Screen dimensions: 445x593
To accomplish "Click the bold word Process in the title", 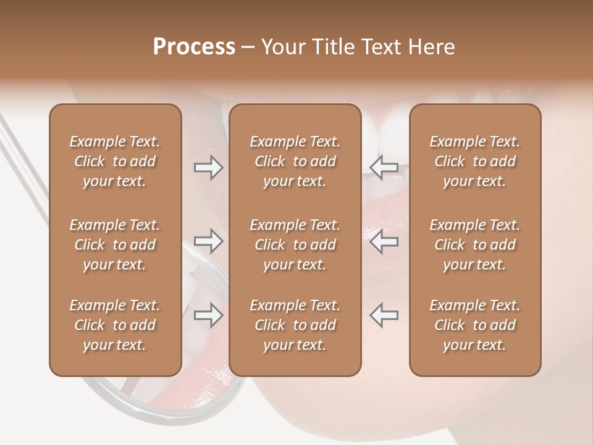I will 194,47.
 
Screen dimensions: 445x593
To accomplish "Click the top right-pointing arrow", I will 209,167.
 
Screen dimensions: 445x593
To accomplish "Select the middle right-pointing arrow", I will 209,241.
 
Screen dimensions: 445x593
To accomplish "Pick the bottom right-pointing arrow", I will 209,315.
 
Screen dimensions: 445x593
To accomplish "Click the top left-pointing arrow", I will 384,167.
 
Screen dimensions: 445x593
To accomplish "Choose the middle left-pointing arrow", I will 384,241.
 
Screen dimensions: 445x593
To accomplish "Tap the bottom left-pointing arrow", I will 384,315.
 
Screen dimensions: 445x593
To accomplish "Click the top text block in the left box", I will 115,161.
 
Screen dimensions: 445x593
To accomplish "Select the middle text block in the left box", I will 115,245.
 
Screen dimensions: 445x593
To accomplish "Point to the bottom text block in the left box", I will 115,325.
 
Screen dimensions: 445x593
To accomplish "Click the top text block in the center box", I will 295,161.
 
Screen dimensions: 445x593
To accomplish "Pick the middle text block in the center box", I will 295,245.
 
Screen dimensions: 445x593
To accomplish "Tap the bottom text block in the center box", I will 295,325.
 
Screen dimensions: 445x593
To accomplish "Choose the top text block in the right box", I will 475,161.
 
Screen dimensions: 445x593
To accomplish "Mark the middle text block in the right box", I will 475,245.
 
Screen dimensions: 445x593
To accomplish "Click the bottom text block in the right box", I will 475,325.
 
